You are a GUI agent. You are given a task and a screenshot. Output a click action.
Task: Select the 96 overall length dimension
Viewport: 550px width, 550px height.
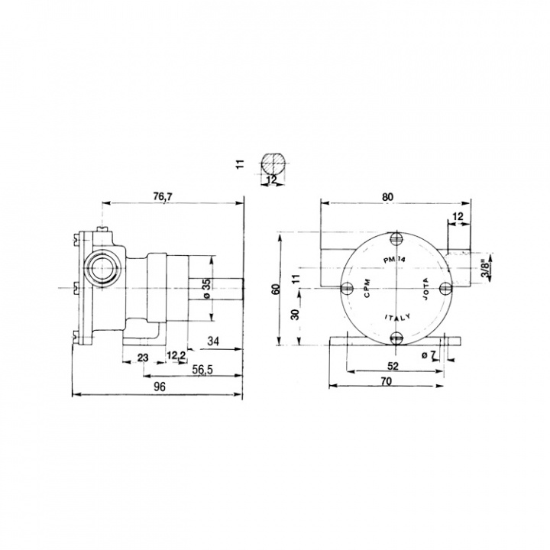click(160, 387)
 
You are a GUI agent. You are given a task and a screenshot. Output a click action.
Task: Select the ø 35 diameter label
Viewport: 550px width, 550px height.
click(206, 290)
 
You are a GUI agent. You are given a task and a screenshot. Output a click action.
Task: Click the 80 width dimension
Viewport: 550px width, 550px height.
click(389, 197)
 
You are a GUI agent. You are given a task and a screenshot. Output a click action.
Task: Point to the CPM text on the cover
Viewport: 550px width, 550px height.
click(367, 289)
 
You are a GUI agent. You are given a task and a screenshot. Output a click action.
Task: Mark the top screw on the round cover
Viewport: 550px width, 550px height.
click(396, 240)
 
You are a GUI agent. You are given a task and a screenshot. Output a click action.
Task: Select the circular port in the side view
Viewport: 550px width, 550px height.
click(99, 267)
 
